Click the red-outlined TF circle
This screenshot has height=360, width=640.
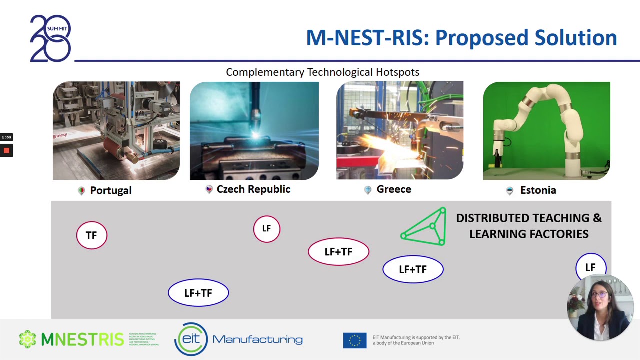(x=92, y=235)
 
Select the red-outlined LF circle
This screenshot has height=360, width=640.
(x=266, y=229)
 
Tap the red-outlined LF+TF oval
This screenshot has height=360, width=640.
(x=338, y=252)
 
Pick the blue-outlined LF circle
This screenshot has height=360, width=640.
(x=590, y=267)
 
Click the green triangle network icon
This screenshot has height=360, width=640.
(x=425, y=227)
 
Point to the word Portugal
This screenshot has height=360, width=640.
(x=111, y=191)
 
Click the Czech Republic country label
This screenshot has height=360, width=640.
(x=253, y=189)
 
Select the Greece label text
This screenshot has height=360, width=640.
(x=394, y=189)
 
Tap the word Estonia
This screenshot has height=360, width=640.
(x=538, y=190)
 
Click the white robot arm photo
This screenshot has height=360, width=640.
(x=546, y=131)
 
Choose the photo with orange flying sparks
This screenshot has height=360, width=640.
(x=400, y=131)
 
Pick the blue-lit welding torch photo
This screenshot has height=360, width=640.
(x=254, y=131)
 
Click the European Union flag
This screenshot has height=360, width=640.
(x=354, y=340)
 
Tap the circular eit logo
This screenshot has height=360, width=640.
(x=191, y=339)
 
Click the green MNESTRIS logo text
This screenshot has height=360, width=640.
(x=82, y=339)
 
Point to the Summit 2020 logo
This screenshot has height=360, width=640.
(x=50, y=38)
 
